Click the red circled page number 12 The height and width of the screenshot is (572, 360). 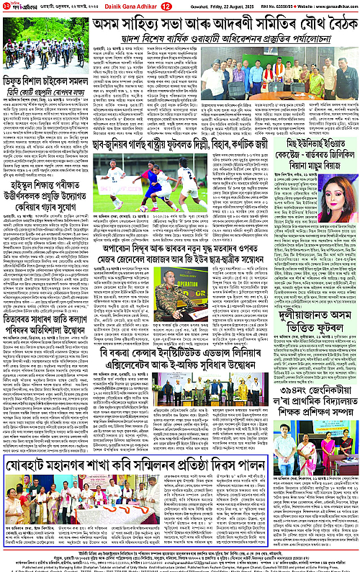pyautogui.click(x=163, y=7)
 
